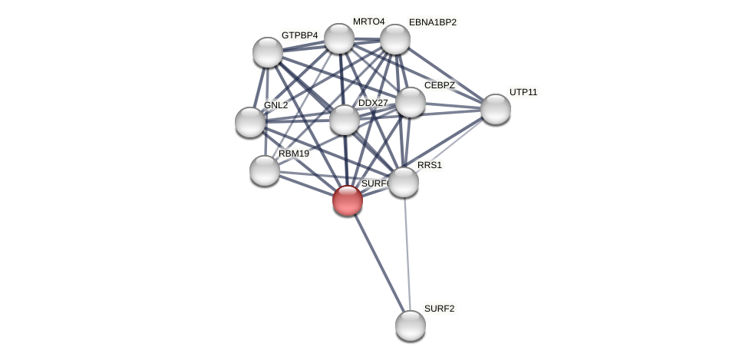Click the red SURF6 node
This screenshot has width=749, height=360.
347,200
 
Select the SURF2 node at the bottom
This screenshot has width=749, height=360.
410,325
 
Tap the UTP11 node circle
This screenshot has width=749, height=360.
495,109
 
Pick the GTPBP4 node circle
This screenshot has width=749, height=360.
267,52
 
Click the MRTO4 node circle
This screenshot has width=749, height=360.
338,38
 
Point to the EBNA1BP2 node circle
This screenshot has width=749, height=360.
394,39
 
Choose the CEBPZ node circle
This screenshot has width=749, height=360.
410,102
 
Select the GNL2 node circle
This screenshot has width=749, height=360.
249,122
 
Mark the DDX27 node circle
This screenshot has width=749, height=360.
344,120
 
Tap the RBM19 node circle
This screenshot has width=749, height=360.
264,170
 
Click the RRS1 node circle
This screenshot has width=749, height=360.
403,182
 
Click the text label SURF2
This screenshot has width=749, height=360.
439,309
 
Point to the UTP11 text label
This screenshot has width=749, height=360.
523,92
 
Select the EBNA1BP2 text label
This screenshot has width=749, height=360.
432,22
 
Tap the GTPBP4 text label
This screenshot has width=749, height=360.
299,35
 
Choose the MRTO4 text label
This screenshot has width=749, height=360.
368,21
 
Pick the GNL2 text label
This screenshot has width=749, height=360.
276,105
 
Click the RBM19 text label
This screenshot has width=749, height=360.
293,154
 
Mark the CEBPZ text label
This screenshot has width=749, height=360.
439,85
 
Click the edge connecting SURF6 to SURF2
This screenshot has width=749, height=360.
378,263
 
